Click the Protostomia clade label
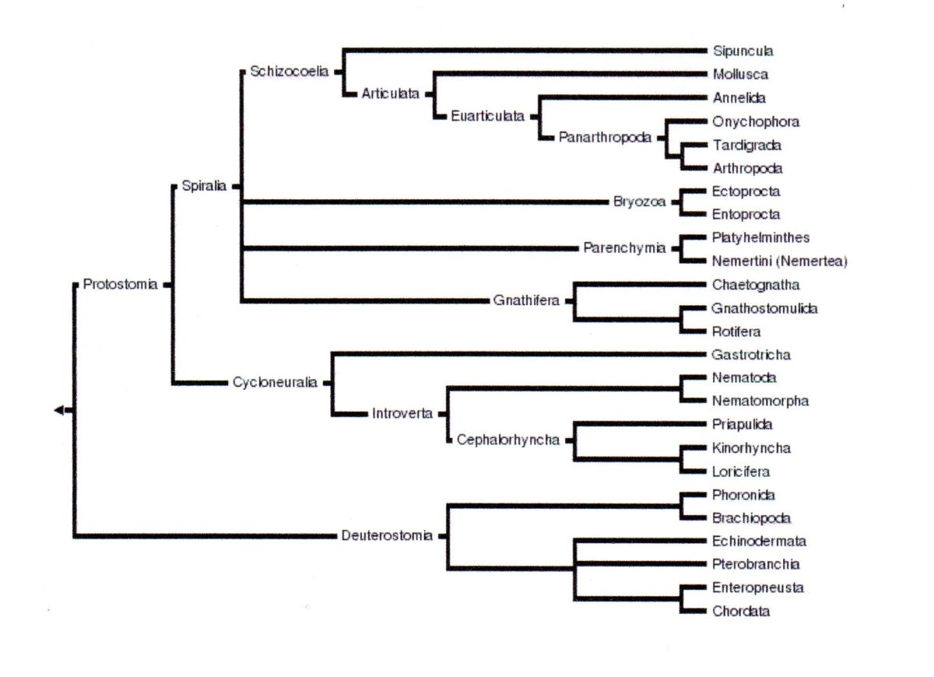click(x=120, y=285)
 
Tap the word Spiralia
click(x=204, y=187)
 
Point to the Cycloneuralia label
click(x=275, y=383)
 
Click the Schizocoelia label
click(x=289, y=72)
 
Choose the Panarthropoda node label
click(x=605, y=137)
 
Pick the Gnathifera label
click(x=526, y=300)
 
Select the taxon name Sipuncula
click(x=743, y=51)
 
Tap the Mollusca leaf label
click(x=740, y=75)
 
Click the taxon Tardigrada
click(x=746, y=145)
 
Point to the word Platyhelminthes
click(x=760, y=238)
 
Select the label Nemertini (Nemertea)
click(x=779, y=261)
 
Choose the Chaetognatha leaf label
click(x=755, y=285)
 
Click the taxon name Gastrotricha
click(x=751, y=355)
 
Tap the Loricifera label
click(x=741, y=472)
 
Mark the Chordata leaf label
click(x=741, y=612)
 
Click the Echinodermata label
click(x=759, y=542)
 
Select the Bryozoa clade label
click(x=639, y=202)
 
